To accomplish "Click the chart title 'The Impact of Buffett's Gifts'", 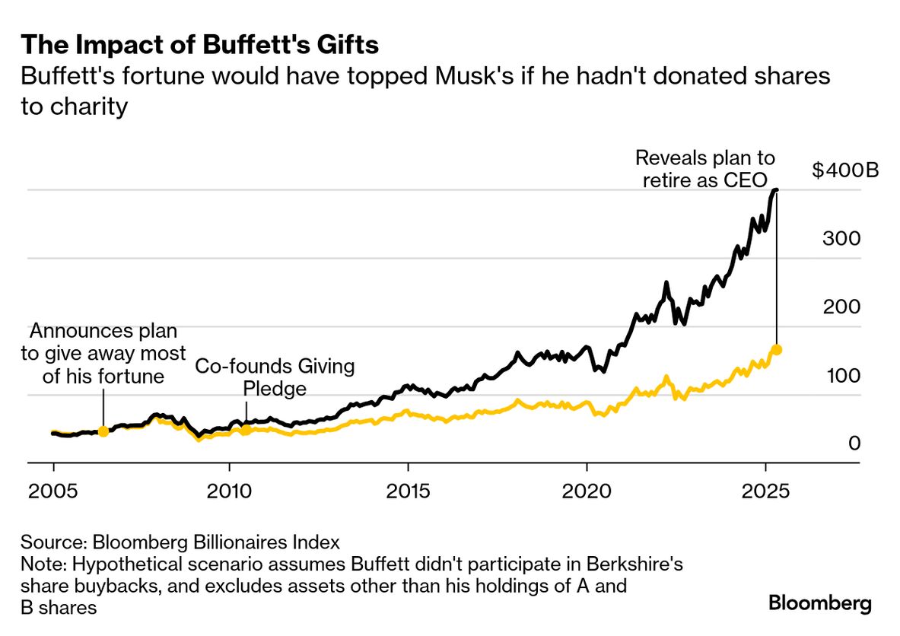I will point(199,46).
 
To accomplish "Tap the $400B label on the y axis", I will point(845,170).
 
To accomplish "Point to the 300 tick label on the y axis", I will point(841,238).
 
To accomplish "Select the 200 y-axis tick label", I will point(841,307).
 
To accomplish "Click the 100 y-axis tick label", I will point(841,375).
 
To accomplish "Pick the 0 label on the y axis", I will point(854,444).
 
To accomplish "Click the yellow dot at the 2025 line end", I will point(777,350).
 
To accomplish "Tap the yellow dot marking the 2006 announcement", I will point(103,431).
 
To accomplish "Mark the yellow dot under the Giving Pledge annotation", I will point(246,430).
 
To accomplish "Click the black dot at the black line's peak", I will point(776,190).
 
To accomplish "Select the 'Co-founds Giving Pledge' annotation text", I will point(275,377).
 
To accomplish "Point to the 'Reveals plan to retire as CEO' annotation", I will point(704,169).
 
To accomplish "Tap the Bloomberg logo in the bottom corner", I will point(820,604).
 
